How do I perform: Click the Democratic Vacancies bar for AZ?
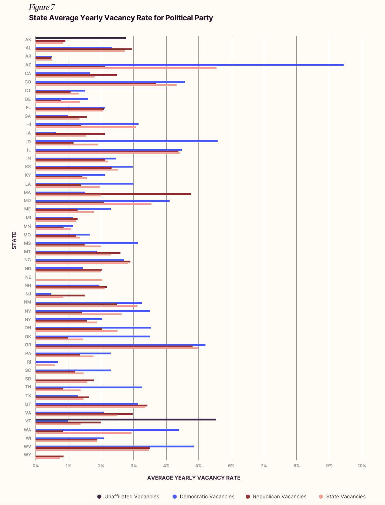point(189,65)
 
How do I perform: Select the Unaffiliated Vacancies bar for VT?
point(126,419)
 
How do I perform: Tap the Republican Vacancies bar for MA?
point(113,194)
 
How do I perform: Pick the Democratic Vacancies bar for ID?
point(126,141)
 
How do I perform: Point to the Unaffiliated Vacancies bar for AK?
point(81,38)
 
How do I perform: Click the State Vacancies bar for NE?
point(69,280)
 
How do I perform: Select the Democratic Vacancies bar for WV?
point(115,446)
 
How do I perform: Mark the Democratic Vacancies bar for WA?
point(107,430)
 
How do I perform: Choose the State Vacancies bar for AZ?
point(126,68)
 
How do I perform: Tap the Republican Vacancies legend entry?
point(279,497)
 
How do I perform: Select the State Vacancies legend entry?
point(345,497)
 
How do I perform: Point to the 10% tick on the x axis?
point(362,466)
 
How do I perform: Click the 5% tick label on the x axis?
point(198,466)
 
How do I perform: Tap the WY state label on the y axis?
point(28,454)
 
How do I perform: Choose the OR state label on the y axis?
point(28,345)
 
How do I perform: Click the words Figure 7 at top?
point(42,7)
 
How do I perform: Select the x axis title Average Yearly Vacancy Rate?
point(194,478)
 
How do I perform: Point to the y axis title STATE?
point(14,240)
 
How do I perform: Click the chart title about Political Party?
point(121,18)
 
